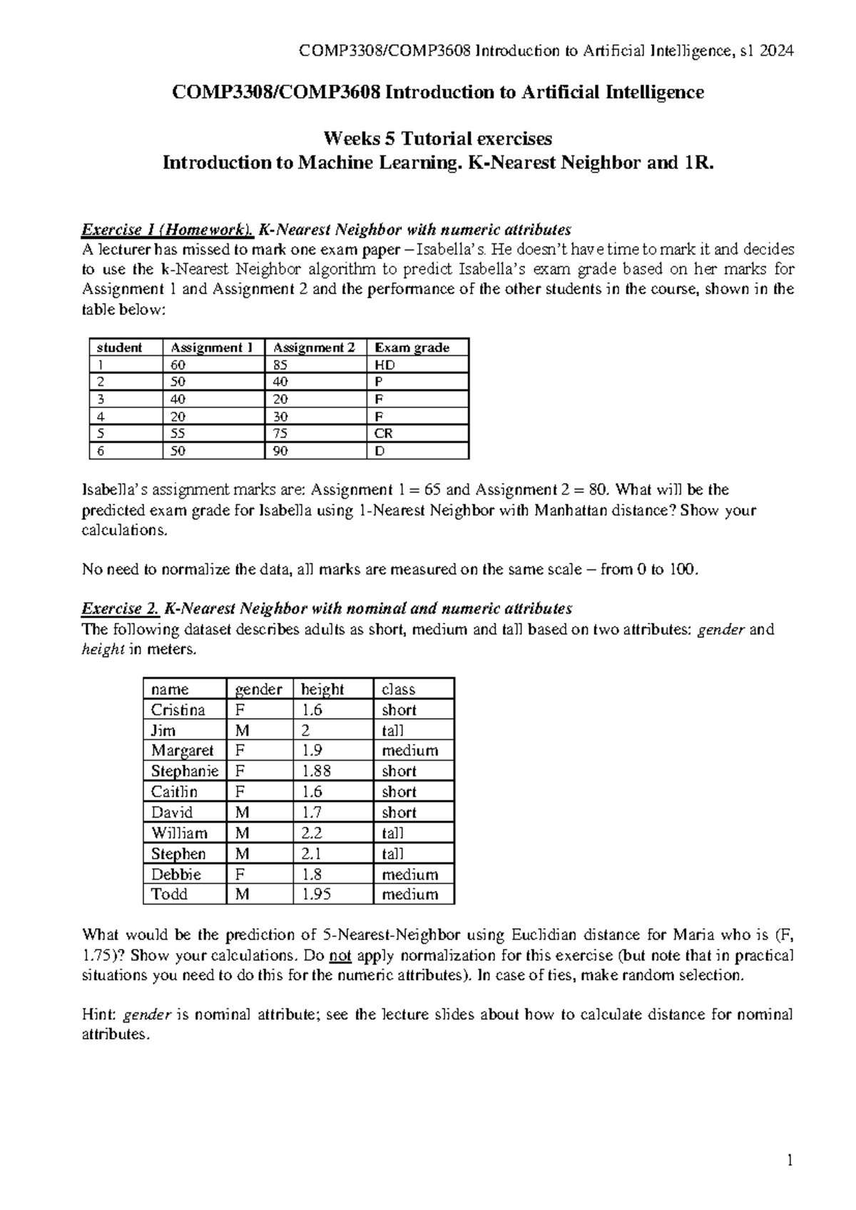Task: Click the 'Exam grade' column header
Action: [x=412, y=347]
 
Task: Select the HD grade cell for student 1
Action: [x=384, y=365]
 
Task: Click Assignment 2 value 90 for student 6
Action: [x=280, y=450]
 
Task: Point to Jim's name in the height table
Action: [x=163, y=731]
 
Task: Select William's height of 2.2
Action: [x=312, y=833]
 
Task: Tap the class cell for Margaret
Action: [x=409, y=751]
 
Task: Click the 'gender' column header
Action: [x=258, y=689]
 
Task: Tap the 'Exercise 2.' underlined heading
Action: [x=120, y=609]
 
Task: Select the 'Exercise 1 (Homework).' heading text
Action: [x=168, y=230]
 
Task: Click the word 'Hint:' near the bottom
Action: [x=101, y=1015]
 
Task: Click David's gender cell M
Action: [x=243, y=813]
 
